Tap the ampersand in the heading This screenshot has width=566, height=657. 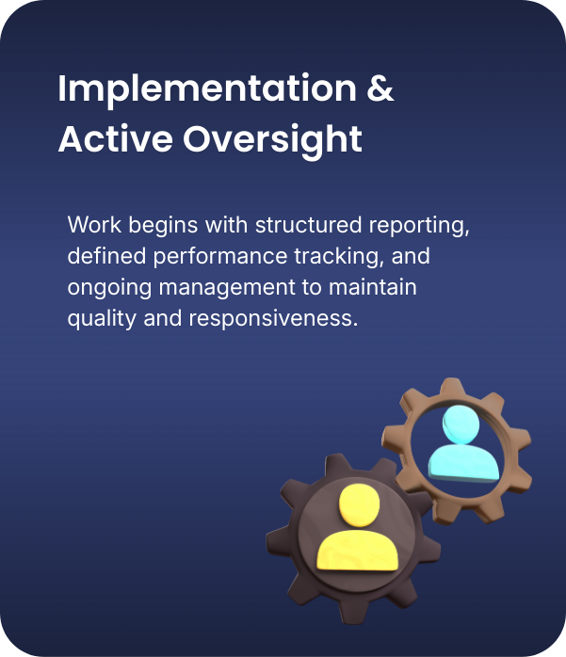380,90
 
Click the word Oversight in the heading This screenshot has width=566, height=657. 272,140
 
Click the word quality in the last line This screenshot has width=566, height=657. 99,318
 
